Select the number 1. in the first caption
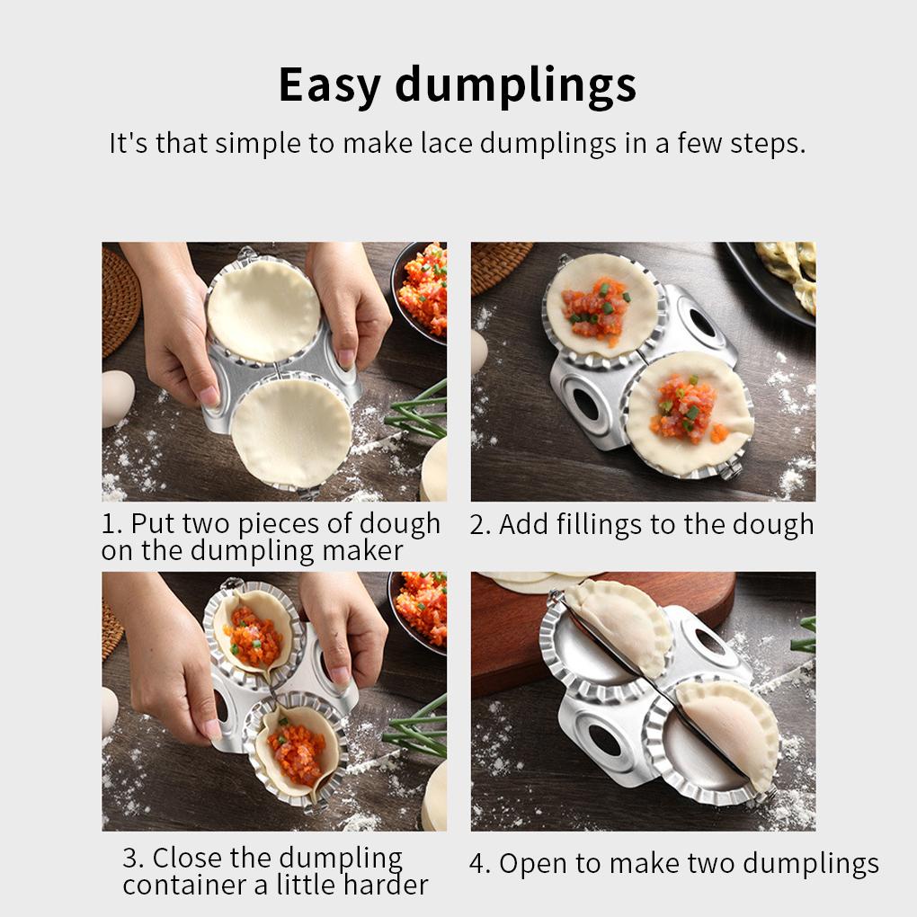112,524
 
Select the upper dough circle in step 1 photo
263,310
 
